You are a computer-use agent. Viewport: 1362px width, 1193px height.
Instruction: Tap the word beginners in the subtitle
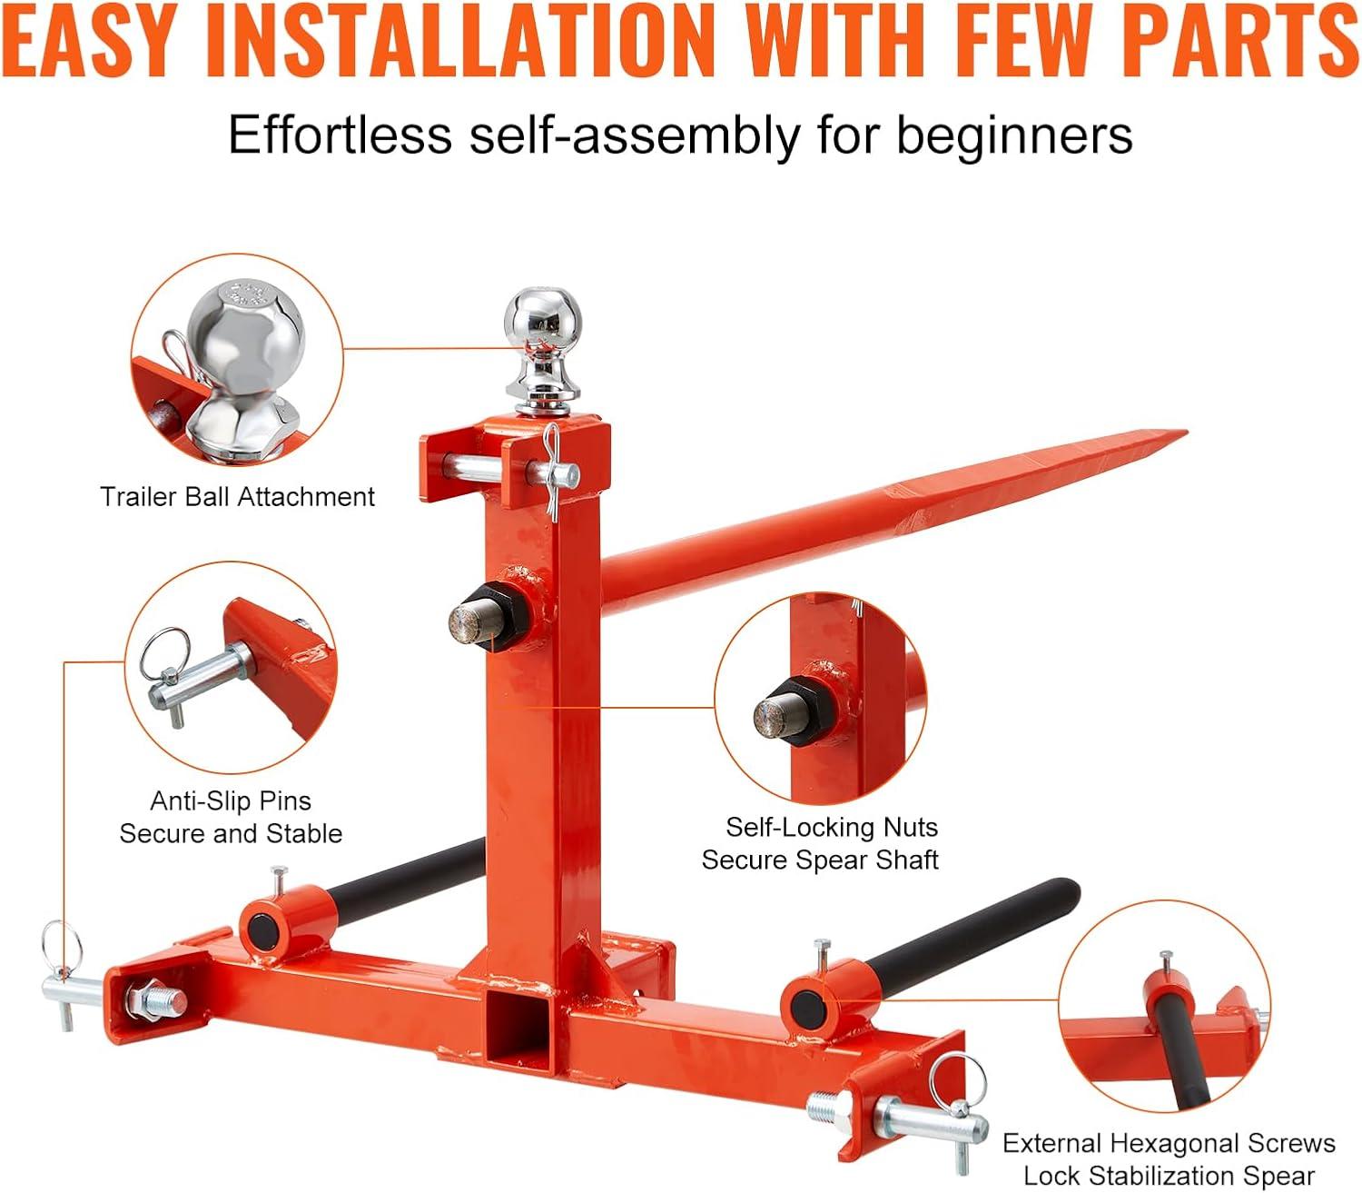[x=1014, y=135]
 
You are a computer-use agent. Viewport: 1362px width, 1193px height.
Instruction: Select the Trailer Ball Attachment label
[x=237, y=497]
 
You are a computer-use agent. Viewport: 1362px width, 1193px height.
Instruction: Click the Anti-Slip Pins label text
[x=231, y=800]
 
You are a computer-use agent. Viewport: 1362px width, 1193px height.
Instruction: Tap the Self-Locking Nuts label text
[x=832, y=827]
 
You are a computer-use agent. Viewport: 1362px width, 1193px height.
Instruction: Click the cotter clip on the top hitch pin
[x=550, y=471]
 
